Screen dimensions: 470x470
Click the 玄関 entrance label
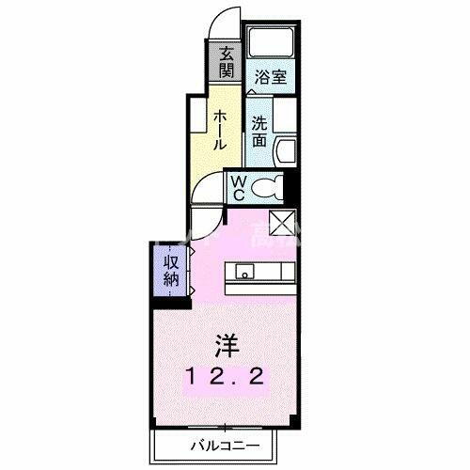[x=227, y=63]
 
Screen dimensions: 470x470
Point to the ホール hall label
[x=219, y=130]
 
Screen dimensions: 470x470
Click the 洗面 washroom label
[x=258, y=132]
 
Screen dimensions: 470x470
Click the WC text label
[x=239, y=186]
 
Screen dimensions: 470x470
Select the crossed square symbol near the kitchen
[x=283, y=222]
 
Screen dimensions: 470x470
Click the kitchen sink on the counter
[x=244, y=274]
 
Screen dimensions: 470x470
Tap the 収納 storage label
[x=171, y=270]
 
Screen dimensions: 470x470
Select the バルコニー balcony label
[x=227, y=443]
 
